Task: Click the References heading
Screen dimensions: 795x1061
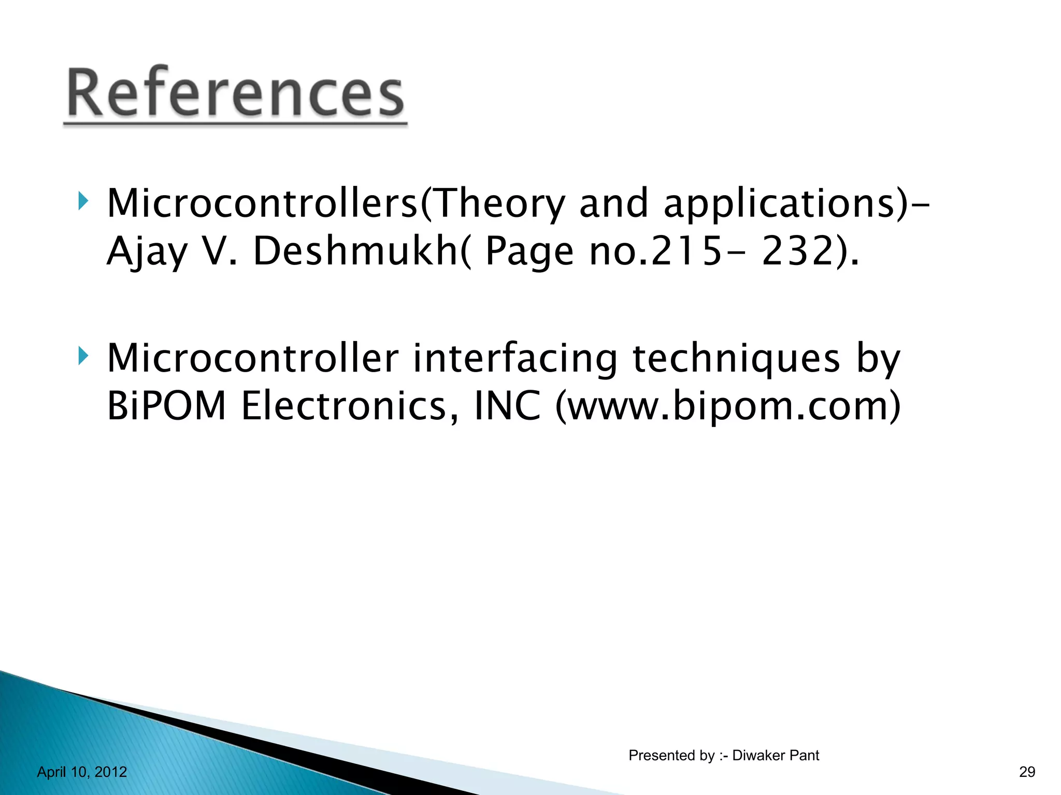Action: tap(235, 93)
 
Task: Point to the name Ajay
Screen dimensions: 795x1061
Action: tap(146, 252)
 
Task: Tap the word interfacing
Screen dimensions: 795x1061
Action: tap(515, 358)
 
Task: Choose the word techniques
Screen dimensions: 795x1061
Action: tap(736, 358)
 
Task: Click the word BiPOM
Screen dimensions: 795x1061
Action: tap(166, 406)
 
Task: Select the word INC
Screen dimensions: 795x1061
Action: tap(508, 406)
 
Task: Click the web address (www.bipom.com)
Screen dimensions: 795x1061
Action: tap(728, 406)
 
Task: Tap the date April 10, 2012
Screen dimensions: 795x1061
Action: tap(82, 772)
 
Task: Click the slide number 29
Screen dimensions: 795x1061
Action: tap(1027, 772)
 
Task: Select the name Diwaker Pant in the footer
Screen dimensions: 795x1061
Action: tap(776, 756)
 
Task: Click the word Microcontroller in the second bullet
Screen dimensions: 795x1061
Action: tap(253, 358)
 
